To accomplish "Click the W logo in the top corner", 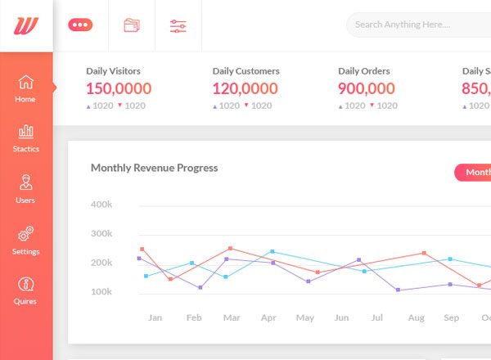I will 26,25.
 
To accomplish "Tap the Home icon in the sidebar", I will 25,83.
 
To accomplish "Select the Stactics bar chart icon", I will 25,131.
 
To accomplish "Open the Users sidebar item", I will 25,182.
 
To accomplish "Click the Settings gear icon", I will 25,234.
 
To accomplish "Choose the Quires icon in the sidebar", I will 25,285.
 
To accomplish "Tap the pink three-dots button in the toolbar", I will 80,25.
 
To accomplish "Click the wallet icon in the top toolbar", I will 131,25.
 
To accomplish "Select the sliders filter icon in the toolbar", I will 178,25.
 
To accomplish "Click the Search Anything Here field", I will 417,25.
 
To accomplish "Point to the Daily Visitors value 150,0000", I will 119,88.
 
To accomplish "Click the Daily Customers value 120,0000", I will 245,88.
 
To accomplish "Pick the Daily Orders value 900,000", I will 366,88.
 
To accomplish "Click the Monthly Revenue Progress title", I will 154,168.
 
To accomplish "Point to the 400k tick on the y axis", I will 101,204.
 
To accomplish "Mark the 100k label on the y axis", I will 101,292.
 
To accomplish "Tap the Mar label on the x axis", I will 232,317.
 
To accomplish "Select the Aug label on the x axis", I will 416,317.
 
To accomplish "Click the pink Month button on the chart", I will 475,172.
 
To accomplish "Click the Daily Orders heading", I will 363,71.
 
